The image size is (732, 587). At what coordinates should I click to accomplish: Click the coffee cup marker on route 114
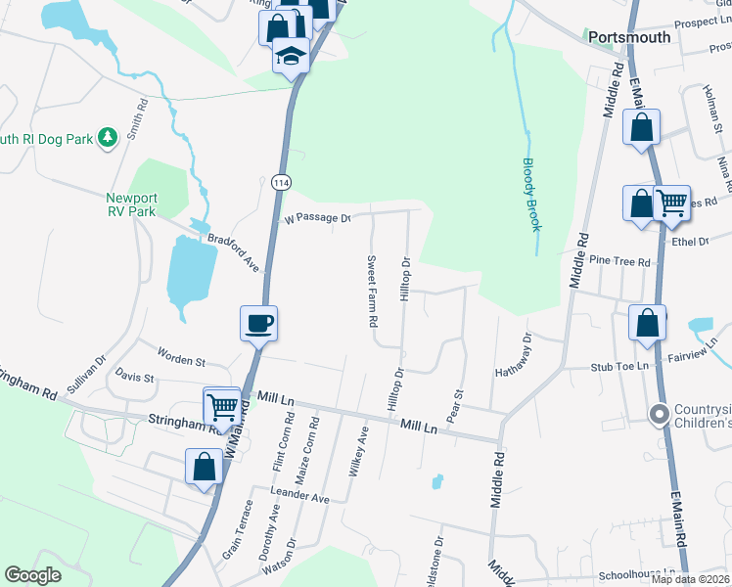pyautogui.click(x=259, y=322)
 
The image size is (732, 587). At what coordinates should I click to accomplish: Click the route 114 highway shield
pyautogui.click(x=280, y=183)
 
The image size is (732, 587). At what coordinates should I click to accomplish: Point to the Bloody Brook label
pyautogui.click(x=531, y=195)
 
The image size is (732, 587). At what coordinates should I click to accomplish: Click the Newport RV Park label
pyautogui.click(x=132, y=203)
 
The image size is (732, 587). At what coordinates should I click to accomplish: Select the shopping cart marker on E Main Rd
pyautogui.click(x=671, y=203)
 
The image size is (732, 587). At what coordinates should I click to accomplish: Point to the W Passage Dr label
pyautogui.click(x=317, y=218)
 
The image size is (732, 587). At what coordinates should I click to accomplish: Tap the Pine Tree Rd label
pyautogui.click(x=620, y=262)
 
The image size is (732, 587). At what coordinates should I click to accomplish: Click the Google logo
pyautogui.click(x=32, y=575)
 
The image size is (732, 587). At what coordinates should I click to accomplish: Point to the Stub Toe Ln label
pyautogui.click(x=620, y=366)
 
